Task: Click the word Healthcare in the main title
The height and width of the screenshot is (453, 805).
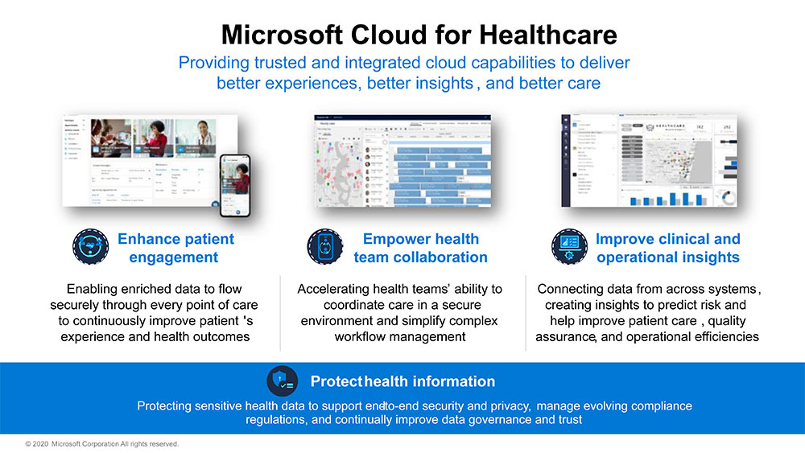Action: (x=548, y=35)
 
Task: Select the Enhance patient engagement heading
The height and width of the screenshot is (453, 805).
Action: (x=175, y=248)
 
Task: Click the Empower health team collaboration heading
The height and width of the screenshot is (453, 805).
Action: (x=420, y=248)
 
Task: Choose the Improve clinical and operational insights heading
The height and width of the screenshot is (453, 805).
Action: (x=667, y=248)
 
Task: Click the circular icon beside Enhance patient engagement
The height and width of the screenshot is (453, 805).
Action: (x=89, y=246)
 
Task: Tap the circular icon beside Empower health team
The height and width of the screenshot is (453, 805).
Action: (x=325, y=246)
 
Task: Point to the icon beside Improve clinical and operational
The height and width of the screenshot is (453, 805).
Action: (x=568, y=246)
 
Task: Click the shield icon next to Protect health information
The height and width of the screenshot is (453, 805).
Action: (x=284, y=381)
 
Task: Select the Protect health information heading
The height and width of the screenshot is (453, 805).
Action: (x=402, y=381)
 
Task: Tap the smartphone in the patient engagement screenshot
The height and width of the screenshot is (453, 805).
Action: (x=235, y=183)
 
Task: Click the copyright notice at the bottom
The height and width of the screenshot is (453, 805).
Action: (x=101, y=444)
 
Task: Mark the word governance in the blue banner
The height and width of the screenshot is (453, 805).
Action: (x=493, y=420)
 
